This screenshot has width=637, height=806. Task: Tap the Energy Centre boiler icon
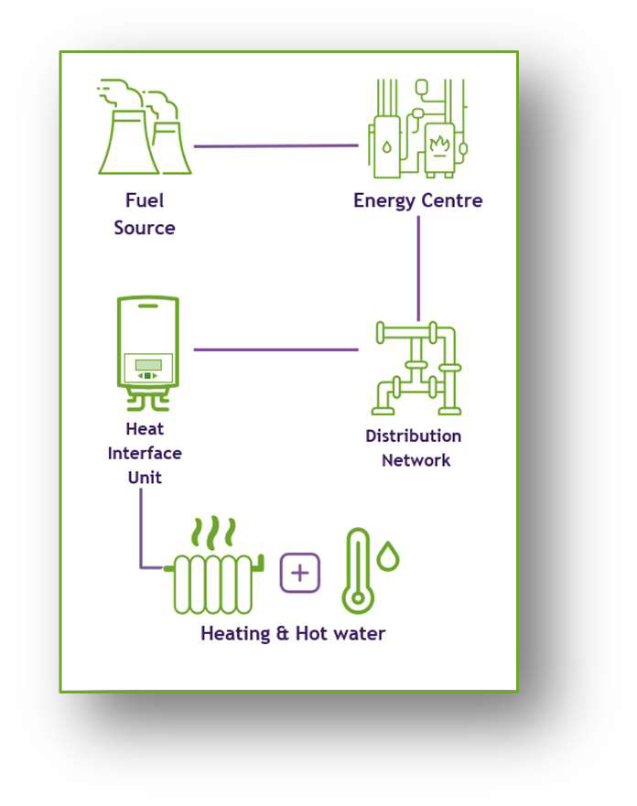[x=417, y=128]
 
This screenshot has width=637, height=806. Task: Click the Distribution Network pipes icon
[x=418, y=368]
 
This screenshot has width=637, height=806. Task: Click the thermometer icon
[x=357, y=572]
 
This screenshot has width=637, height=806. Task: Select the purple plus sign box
[x=300, y=574]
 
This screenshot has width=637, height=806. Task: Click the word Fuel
[x=145, y=200]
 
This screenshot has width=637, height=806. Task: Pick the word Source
[x=145, y=228]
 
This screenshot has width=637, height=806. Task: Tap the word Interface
[x=145, y=453]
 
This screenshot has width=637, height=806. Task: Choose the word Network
[x=416, y=460]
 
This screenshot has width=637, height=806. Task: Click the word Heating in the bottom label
[x=235, y=633]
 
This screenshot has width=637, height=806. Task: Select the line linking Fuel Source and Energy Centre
[x=275, y=146]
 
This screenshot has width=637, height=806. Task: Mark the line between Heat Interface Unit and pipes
[x=275, y=349]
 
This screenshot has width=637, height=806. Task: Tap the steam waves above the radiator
[x=216, y=530]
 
